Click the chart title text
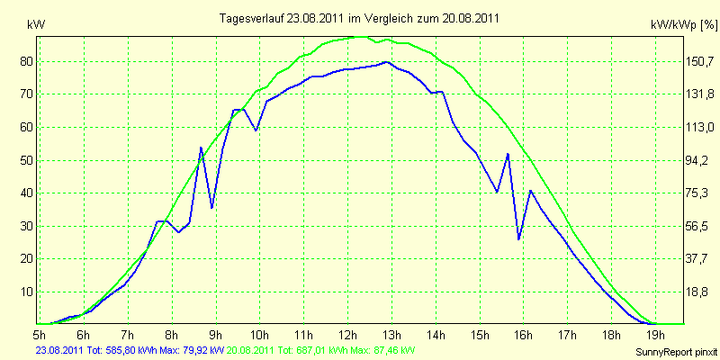(359, 18)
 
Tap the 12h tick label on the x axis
(348, 333)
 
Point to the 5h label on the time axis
(40, 333)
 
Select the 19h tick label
(655, 333)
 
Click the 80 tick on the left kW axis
(24, 61)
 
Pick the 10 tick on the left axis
(24, 292)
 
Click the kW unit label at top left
(36, 26)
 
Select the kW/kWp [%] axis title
(684, 25)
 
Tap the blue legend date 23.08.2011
(58, 350)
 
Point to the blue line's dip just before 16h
(519, 239)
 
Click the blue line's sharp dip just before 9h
(211, 208)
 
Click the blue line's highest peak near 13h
(387, 61)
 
